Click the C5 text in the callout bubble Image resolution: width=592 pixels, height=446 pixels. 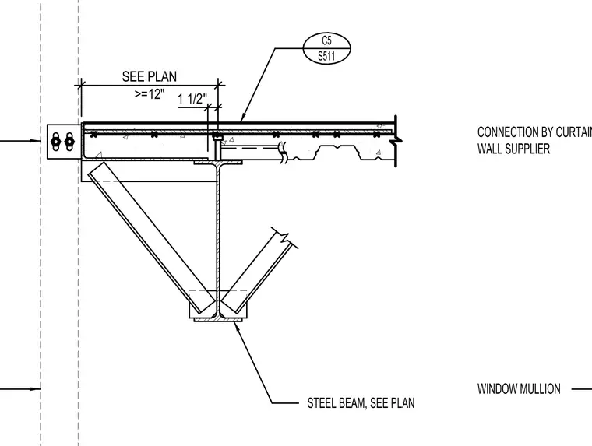327,40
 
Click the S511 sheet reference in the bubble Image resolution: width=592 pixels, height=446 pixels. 326,56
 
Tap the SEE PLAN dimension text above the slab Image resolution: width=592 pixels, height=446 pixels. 150,76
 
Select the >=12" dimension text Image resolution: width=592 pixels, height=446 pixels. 150,93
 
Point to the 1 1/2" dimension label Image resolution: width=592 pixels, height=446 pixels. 192,99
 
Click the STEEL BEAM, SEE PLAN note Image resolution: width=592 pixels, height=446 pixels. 361,403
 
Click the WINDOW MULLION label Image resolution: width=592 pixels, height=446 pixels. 519,389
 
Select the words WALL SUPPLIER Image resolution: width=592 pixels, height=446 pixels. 513,149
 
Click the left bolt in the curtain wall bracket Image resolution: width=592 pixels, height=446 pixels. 55,142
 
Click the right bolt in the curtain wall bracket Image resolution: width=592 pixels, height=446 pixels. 69,142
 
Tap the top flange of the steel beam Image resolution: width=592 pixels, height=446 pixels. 218,163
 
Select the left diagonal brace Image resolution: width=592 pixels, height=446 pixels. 151,238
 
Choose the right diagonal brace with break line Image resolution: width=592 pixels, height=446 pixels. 259,270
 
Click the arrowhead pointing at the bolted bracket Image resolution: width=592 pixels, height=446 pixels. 37,141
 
